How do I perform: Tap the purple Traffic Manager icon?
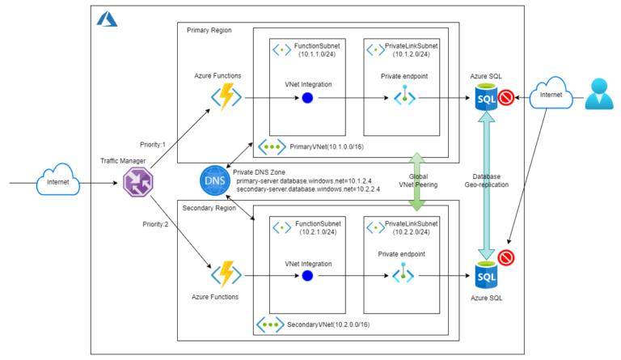tap(133, 184)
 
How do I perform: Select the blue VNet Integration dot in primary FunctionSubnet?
tap(307, 98)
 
